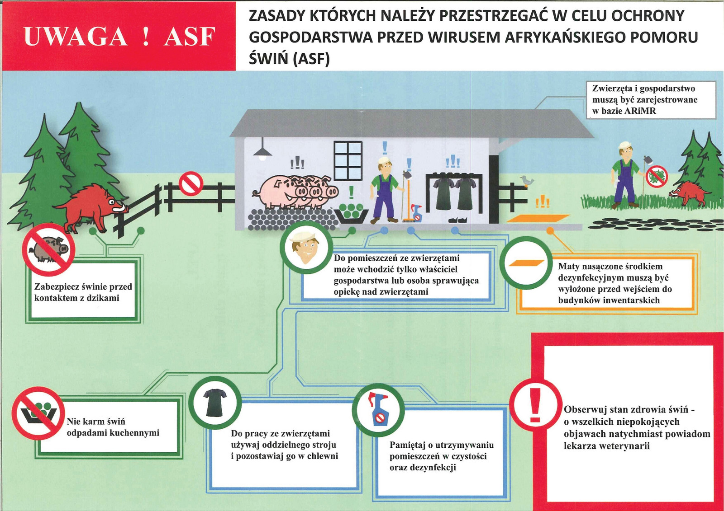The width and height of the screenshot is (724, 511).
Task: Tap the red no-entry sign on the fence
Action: coord(191,183)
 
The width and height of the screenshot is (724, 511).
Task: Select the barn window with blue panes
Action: coord(348,160)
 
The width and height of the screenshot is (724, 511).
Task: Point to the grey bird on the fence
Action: coord(526,181)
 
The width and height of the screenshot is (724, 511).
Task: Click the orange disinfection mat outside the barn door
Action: coord(538,218)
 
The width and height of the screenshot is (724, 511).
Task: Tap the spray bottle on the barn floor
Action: coord(416,213)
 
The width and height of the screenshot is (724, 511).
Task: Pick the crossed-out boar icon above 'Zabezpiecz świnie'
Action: coord(48,249)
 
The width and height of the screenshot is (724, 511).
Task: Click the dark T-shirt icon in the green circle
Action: coord(215,402)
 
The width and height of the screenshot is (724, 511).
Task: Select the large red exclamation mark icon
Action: coord(536,405)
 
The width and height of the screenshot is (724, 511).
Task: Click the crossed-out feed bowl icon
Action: coord(38,413)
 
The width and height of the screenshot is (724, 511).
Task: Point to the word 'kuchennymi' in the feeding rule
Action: coord(135,433)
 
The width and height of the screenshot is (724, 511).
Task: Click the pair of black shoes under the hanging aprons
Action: coord(457,220)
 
